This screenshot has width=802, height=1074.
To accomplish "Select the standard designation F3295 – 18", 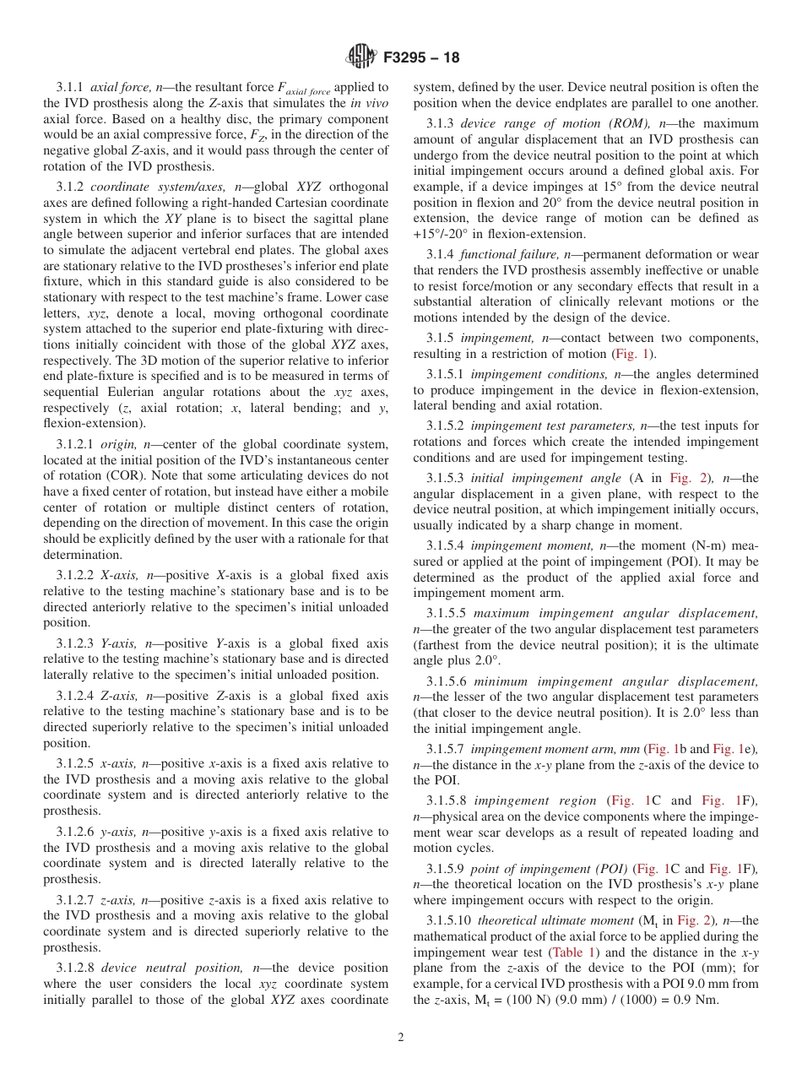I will [421, 58].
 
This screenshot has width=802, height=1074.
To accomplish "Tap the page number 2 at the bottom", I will [401, 1038].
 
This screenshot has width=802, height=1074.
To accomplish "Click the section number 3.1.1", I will [70, 87].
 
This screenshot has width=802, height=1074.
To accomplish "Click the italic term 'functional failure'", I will [504, 254].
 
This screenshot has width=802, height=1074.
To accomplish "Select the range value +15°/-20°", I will [445, 234].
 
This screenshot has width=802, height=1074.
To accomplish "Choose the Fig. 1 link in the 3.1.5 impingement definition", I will [633, 354].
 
